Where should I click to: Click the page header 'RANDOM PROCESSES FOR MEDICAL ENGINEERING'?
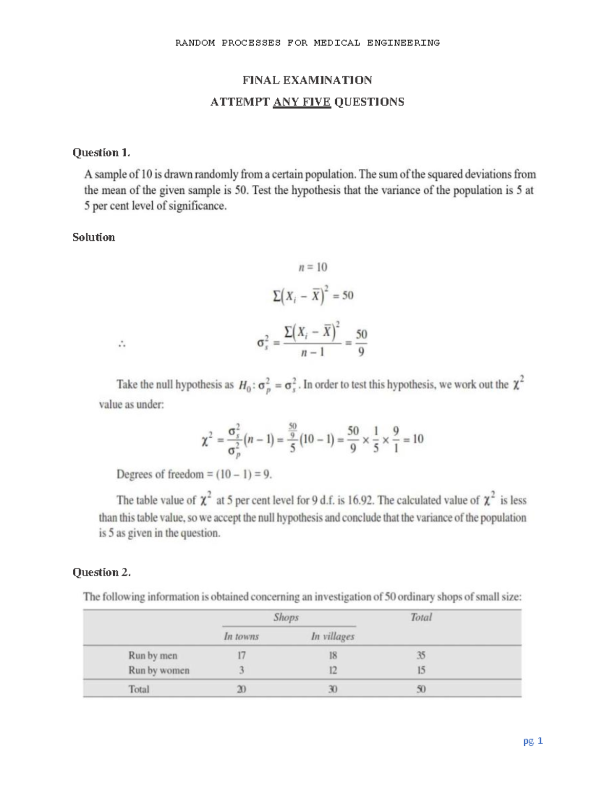pos(307,43)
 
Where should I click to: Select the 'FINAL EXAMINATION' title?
pos(307,80)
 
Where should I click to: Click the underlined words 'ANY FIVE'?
pos(302,102)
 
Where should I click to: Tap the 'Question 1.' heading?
pos(101,152)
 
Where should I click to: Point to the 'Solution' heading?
pos(94,237)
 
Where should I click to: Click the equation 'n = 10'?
pos(313,267)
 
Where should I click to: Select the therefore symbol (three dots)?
pos(122,345)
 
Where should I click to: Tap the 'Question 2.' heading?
pos(101,572)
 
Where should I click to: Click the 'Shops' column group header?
pos(286,617)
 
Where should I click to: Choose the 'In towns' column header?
pos(241,637)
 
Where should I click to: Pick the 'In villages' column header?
pos(333,637)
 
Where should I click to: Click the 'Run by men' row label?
pos(153,655)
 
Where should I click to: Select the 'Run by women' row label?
pos(159,670)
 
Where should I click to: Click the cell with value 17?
pos(241,655)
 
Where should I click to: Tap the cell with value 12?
pos(333,670)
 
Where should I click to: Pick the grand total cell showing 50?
pos(421,689)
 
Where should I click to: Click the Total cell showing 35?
pos(421,655)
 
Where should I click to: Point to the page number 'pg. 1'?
pos(533,741)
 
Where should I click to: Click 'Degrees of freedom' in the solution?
pos(160,474)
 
